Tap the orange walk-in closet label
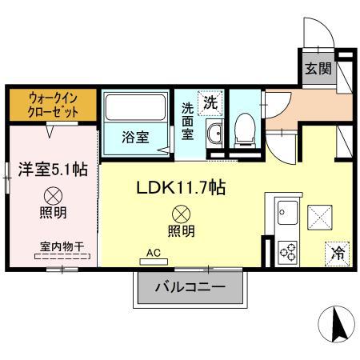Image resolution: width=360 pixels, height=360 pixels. click(x=53, y=104)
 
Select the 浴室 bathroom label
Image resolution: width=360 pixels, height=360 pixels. click(x=134, y=138)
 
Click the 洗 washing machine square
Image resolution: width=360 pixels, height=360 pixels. click(x=210, y=102)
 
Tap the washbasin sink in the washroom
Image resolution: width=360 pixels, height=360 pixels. click(x=214, y=134)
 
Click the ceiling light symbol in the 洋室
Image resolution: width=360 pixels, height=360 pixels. click(x=53, y=194)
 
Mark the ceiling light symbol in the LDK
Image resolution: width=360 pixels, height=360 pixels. click(x=181, y=214)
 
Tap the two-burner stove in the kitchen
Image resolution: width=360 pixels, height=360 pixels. click(x=286, y=250)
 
